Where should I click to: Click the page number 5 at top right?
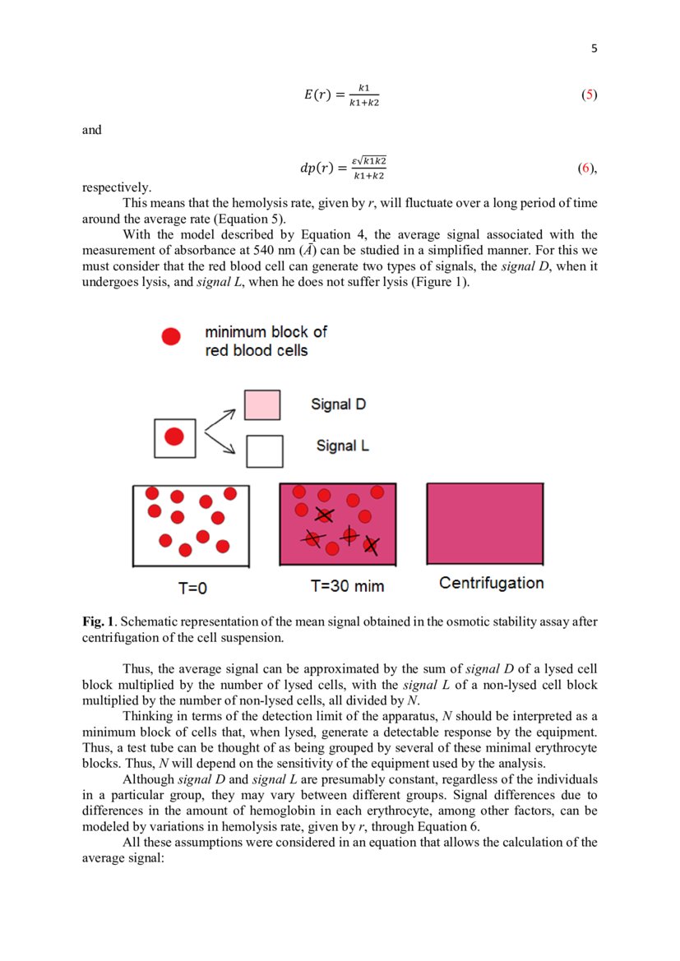click(x=594, y=49)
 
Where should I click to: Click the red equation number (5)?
click(x=589, y=95)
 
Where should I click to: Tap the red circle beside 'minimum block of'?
click(x=171, y=336)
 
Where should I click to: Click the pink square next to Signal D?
click(x=262, y=405)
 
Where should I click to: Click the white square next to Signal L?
click(x=265, y=450)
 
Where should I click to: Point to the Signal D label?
click(x=338, y=404)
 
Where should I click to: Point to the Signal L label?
click(x=342, y=446)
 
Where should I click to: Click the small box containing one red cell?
click(x=174, y=438)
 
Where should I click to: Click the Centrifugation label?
click(x=491, y=583)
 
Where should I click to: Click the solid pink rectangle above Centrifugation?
click(x=484, y=524)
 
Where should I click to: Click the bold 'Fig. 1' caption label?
click(x=96, y=621)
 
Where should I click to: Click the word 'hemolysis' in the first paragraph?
click(x=235, y=202)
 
